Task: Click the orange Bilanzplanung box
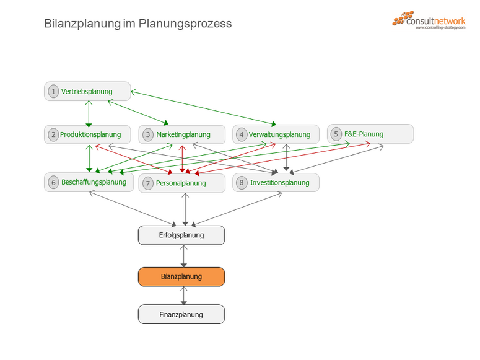[181, 276]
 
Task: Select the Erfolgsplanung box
[181, 235]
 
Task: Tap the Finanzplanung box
[181, 315]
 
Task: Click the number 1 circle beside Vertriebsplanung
[53, 92]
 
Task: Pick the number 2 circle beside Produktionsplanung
[53, 134]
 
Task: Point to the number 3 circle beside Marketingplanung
[148, 134]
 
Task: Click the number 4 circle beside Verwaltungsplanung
[242, 134]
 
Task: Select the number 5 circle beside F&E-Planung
[336, 134]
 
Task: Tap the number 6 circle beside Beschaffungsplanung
[53, 182]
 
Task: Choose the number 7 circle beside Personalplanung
[148, 183]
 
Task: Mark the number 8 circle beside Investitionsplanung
[242, 183]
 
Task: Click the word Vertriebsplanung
[87, 92]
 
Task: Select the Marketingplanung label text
[183, 134]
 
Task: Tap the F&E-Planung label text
[364, 134]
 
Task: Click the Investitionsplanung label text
[279, 183]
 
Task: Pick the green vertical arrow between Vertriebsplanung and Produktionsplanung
[89, 113]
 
